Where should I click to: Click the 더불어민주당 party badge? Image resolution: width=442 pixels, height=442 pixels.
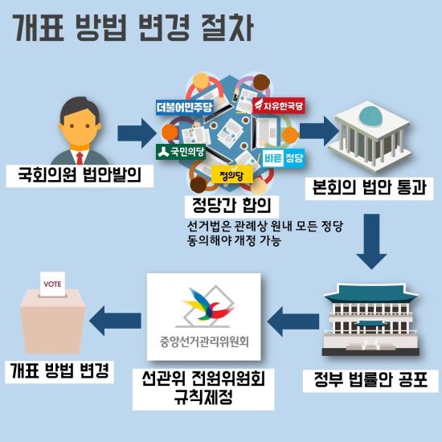[184, 107]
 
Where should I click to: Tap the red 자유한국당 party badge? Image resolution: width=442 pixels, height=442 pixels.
[279, 105]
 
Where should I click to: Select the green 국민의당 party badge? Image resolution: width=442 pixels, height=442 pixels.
[181, 152]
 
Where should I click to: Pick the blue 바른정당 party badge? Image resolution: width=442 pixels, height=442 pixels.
[284, 158]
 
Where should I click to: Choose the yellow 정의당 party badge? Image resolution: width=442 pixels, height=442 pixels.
[231, 176]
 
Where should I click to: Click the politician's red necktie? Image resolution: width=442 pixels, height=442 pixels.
[80, 158]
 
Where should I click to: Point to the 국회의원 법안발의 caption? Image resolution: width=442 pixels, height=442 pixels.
[80, 175]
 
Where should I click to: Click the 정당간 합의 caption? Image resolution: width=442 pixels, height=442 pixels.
[231, 205]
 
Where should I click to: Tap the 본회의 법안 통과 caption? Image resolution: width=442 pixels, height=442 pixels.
[370, 188]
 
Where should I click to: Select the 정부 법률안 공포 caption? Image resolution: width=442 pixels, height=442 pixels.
[370, 380]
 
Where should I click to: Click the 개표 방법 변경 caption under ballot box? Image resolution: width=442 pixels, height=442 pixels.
[59, 371]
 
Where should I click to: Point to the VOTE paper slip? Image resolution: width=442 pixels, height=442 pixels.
[53, 284]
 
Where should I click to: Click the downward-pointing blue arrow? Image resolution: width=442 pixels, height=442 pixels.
[371, 241]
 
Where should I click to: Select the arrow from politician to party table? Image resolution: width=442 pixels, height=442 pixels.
[137, 133]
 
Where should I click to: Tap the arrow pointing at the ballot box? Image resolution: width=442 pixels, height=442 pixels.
[115, 321]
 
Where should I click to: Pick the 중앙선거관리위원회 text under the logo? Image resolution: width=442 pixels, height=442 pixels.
[204, 342]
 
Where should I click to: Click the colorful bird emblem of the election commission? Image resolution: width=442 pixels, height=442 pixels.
[208, 305]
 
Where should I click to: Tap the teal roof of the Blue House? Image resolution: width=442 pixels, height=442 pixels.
[371, 293]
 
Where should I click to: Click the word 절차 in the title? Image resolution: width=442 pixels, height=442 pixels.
[227, 28]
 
